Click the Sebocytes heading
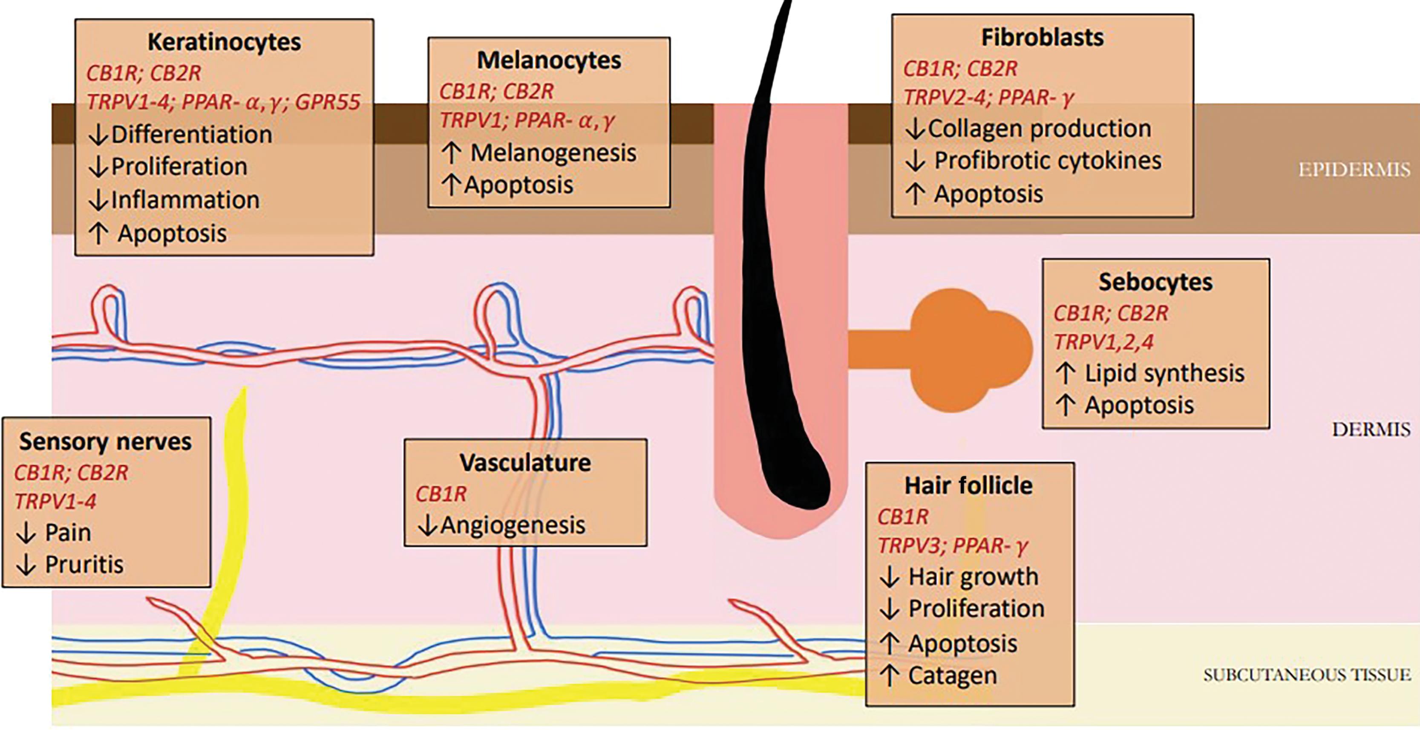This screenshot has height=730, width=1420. [x=1155, y=282]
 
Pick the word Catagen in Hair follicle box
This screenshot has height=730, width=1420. [x=953, y=676]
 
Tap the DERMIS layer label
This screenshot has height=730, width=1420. [x=1371, y=430]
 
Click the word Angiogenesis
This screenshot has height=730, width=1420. [x=513, y=525]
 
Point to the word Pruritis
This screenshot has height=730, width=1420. [x=84, y=565]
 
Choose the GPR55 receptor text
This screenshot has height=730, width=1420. [x=328, y=102]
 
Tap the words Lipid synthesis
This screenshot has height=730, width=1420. [x=1164, y=374]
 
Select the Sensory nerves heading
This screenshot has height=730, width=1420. [x=105, y=441]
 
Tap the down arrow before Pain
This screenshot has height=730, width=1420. [x=26, y=533]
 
